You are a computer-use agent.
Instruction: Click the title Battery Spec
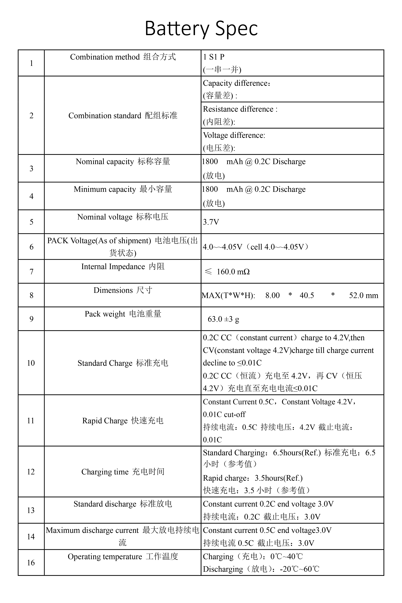point(201,28)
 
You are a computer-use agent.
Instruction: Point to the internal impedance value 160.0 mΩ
point(233,272)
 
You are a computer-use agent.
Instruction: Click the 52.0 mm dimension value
point(363,295)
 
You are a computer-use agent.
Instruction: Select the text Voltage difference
point(234,135)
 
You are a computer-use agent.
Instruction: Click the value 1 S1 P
point(214,57)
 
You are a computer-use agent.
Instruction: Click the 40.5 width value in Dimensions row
point(307,295)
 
